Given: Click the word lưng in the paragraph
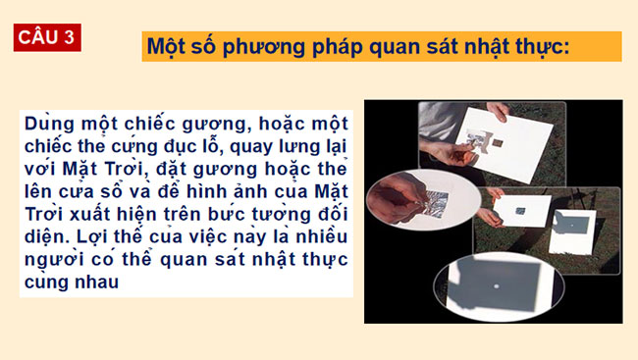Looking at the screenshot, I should [290, 146].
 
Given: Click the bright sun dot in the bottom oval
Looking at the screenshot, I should [502, 285].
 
